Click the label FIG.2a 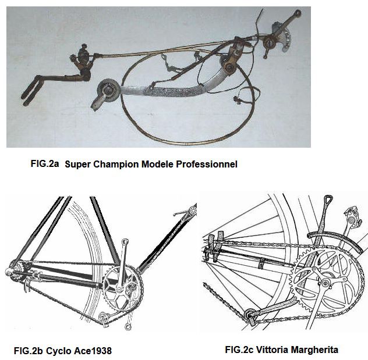point(45,163)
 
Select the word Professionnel point(207,164)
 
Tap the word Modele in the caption point(157,164)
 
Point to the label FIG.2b point(29,351)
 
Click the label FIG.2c point(239,350)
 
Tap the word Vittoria point(272,350)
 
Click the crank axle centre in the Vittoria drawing point(325,284)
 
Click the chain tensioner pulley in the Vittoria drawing point(249,315)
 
